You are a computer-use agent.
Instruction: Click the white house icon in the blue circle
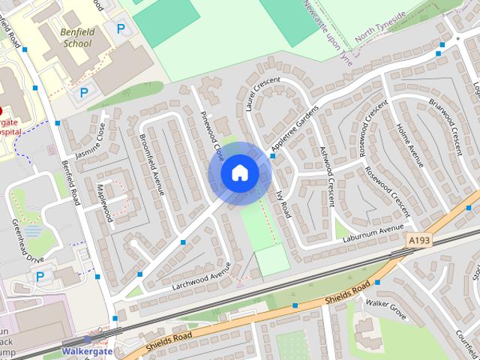[240, 172]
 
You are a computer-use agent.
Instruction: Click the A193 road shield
[420, 239]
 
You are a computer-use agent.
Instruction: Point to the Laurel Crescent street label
[262, 94]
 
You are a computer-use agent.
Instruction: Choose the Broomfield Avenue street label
[151, 154]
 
